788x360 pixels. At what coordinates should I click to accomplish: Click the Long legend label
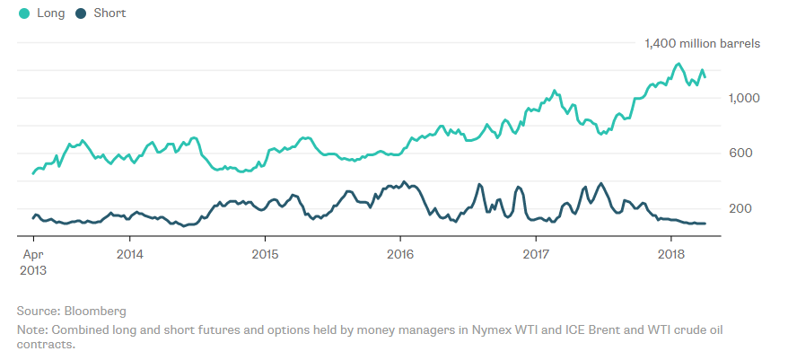tap(50, 13)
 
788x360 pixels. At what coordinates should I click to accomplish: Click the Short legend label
tap(110, 13)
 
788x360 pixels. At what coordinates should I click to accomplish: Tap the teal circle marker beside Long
tap(24, 13)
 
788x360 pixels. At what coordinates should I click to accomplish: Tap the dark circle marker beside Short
tap(82, 13)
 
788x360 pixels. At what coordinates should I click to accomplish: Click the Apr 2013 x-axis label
tap(32, 260)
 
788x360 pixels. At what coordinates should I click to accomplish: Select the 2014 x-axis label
tap(129, 253)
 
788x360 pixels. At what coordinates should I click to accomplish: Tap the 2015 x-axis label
tap(265, 253)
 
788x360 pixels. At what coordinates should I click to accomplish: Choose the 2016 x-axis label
tap(399, 253)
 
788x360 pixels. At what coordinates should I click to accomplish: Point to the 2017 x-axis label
tap(535, 253)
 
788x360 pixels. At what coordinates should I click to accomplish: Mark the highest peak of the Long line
tap(679, 64)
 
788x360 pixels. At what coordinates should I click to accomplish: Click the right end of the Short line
tap(705, 224)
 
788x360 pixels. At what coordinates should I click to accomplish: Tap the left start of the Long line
tap(33, 173)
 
